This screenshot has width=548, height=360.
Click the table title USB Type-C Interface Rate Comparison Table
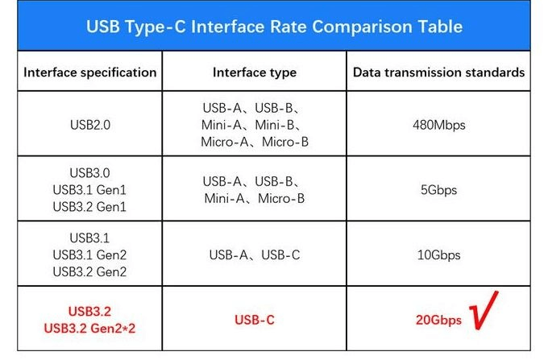tap(274, 27)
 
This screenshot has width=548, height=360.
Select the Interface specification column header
tap(90, 72)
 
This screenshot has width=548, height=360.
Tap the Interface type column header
tap(255, 72)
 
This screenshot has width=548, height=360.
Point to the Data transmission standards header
tap(438, 72)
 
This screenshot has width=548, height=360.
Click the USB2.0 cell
tap(89, 125)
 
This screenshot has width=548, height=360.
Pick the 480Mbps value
tap(438, 125)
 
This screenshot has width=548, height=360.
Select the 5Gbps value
tap(438, 191)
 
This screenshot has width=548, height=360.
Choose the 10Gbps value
tap(438, 255)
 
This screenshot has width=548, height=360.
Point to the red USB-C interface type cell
tap(255, 320)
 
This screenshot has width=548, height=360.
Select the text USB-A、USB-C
tap(255, 255)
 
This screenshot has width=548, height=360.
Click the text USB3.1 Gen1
tap(89, 191)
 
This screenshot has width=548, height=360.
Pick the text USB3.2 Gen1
tap(89, 207)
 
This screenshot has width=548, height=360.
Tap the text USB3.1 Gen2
tap(89, 255)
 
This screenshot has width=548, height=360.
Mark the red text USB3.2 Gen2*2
tap(89, 328)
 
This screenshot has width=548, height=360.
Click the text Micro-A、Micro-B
tap(255, 142)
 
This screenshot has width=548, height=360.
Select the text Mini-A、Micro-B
tap(255, 198)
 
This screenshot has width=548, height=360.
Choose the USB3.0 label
tap(89, 174)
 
